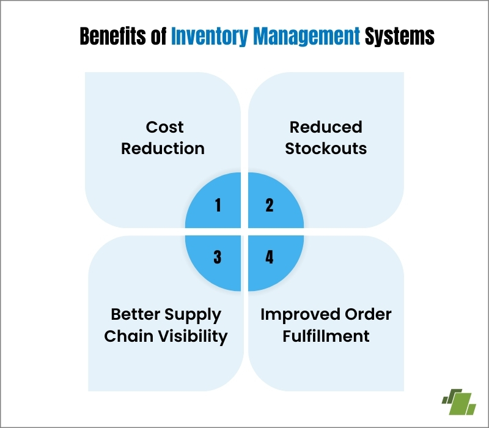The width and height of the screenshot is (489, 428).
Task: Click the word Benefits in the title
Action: pyautogui.click(x=114, y=37)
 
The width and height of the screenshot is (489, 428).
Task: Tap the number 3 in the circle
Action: pyautogui.click(x=218, y=257)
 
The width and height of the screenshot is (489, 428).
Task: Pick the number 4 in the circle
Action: pyautogui.click(x=270, y=257)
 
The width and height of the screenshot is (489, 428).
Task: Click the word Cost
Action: pyautogui.click(x=164, y=127)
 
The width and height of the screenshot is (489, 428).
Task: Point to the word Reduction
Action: pyautogui.click(x=163, y=149)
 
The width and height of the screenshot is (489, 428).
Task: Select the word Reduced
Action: pyautogui.click(x=326, y=127)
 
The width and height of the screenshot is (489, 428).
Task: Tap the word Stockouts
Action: pyautogui.click(x=326, y=149)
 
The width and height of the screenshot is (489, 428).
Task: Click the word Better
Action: pyautogui.click(x=135, y=315)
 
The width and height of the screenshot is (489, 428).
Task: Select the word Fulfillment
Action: pyautogui.click(x=326, y=336)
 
